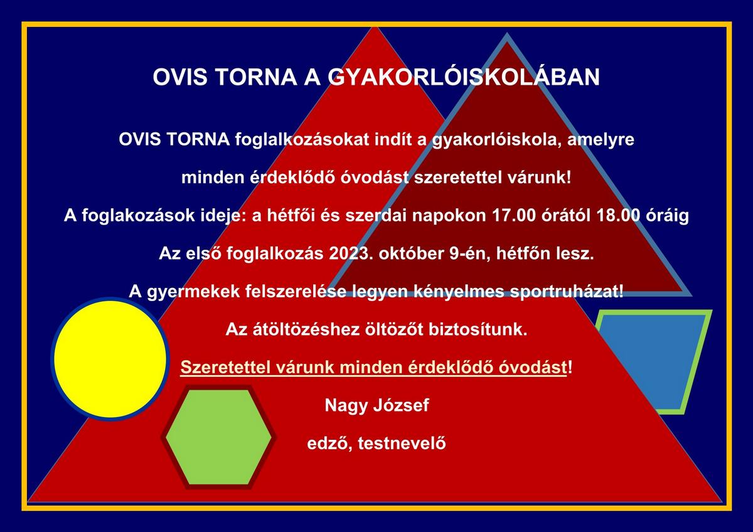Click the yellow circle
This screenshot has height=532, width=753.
tap(110, 359)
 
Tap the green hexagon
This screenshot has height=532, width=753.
tap(218, 437)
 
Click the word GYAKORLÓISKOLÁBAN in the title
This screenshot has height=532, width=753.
tap(464, 77)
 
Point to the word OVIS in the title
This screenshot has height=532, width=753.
tap(180, 77)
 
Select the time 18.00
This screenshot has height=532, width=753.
tap(619, 216)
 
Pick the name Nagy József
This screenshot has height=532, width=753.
tap(377, 406)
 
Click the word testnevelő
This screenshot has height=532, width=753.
tap(402, 444)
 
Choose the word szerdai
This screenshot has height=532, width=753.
tap(376, 216)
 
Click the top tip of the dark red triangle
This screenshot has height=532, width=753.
tap(507, 34)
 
